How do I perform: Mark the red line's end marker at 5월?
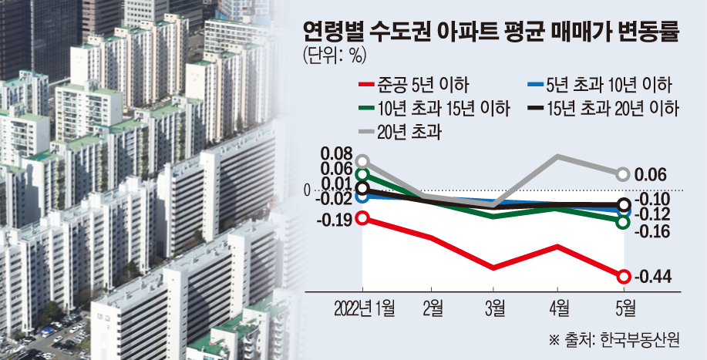pos(624,277)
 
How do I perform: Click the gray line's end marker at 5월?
pos(624,174)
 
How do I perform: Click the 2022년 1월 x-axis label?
pos(365,309)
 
